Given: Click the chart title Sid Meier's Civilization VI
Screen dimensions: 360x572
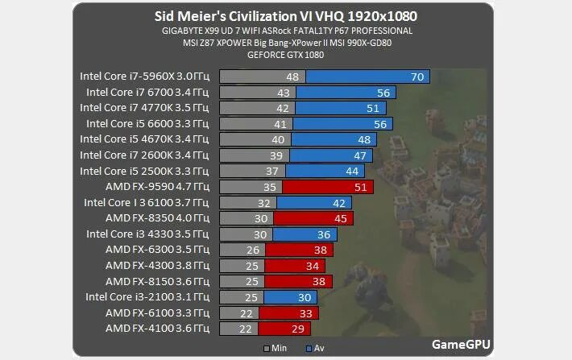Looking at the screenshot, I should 286,16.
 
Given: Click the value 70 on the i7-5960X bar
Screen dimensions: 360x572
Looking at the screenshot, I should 417,77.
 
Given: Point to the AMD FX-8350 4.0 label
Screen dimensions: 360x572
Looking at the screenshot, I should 157,218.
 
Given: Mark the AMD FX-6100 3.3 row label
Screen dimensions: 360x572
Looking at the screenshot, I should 157,312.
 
